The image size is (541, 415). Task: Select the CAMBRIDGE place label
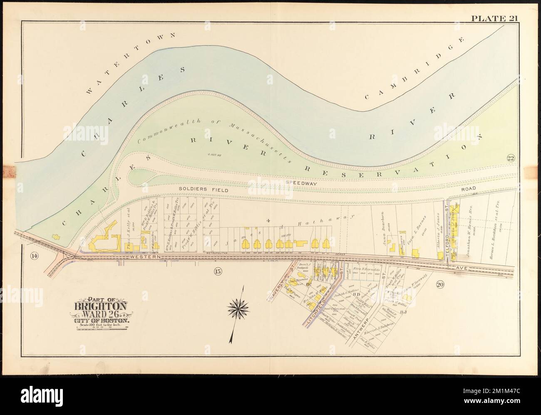tap(414, 69)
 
